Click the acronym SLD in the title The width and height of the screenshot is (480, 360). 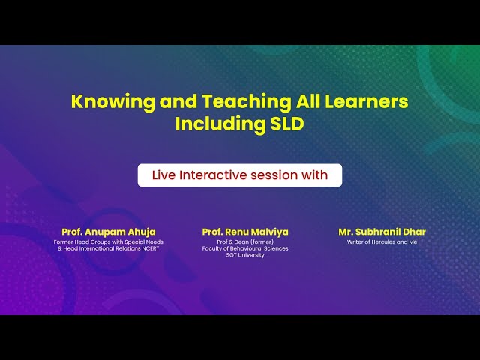point(287,124)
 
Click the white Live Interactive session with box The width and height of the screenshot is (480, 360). point(239,175)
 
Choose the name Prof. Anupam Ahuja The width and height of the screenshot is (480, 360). point(109,232)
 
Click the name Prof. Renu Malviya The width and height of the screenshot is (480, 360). point(245,232)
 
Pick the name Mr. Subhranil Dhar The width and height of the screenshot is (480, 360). point(382,232)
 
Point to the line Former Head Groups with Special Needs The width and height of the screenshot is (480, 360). point(109,242)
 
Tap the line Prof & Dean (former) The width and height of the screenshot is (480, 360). point(245,242)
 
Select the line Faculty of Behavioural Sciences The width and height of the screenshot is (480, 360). point(245,248)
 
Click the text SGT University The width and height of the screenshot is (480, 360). point(245,255)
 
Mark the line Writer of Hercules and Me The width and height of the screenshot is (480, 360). point(382,242)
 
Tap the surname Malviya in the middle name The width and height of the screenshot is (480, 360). point(269,232)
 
